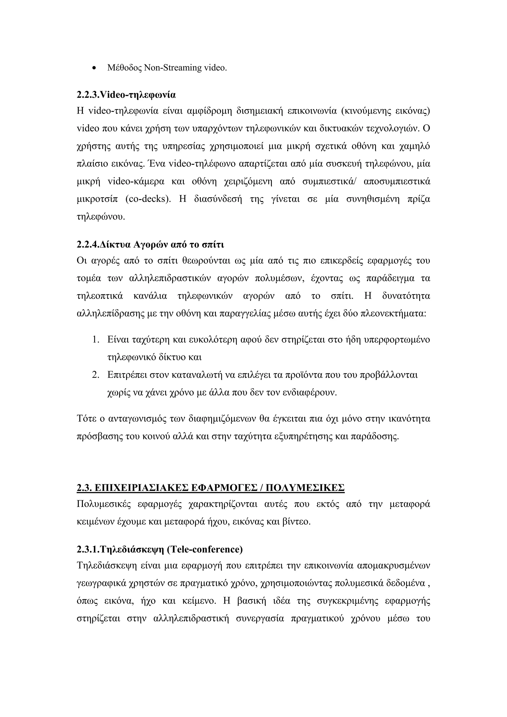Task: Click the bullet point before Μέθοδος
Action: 95,68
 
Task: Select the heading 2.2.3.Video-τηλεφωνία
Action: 126,95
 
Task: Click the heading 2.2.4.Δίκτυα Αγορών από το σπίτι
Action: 150,245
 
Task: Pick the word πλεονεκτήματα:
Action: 393,313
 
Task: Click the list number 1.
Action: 96,339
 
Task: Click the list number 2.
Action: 96,374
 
